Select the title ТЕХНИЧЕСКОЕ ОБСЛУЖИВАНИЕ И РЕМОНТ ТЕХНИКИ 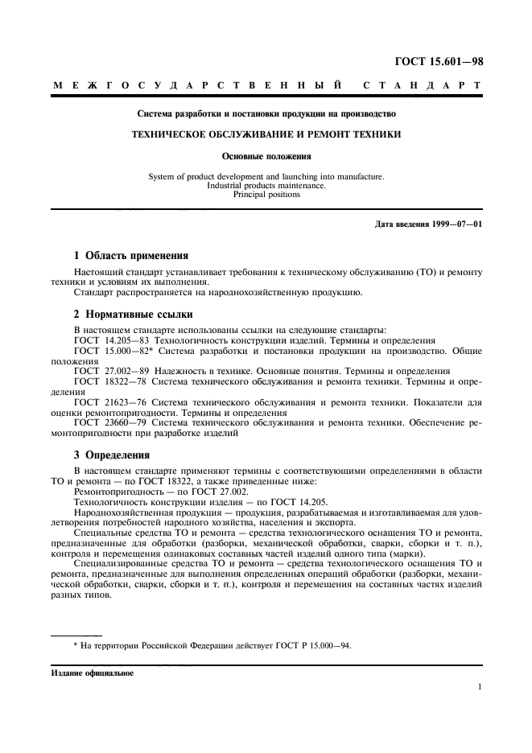point(266,134)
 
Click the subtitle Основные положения point(266,157)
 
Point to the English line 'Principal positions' point(266,194)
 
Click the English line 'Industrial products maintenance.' point(266,185)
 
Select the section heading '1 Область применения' point(131,256)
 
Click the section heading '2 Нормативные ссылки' point(133,314)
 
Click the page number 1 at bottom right point(479,686)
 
